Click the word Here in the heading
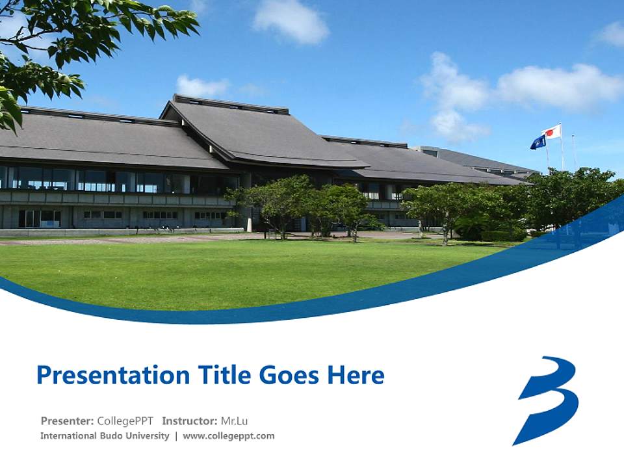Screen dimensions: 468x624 (356, 375)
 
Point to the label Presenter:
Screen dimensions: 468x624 (67, 421)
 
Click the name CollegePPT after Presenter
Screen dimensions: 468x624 (125, 421)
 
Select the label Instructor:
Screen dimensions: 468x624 (190, 421)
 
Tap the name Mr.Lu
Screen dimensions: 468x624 (235, 421)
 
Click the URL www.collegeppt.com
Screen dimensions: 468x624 (229, 436)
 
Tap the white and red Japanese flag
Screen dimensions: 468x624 (552, 132)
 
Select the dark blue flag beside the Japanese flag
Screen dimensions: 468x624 (538, 142)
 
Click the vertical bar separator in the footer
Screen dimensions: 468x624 (175, 436)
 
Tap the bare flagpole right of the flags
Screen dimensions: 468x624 (573, 153)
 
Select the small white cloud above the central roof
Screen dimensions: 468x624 (201, 86)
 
